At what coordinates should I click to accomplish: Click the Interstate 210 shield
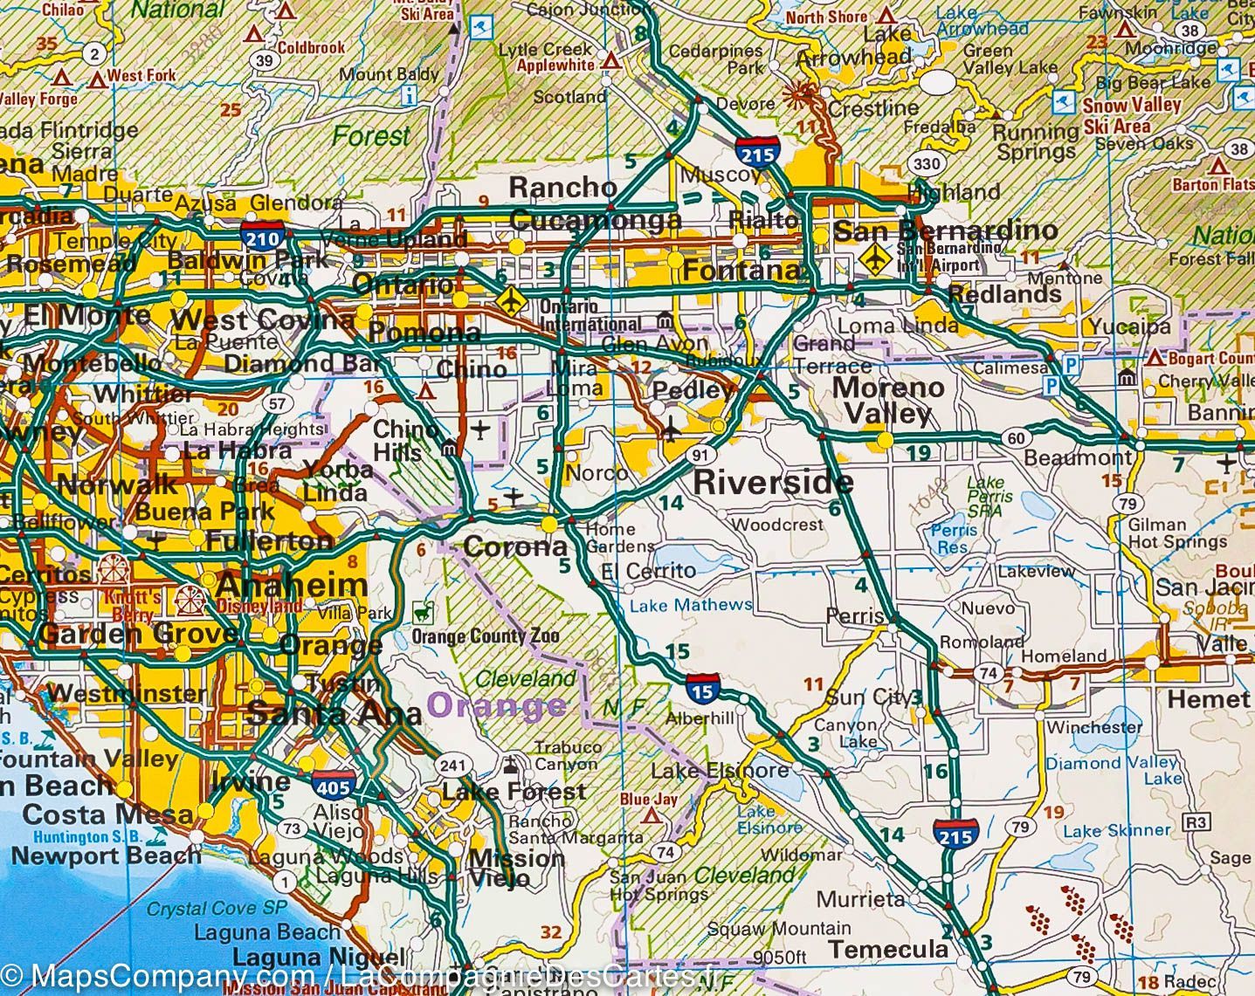coord(263,237)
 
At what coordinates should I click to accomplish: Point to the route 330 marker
coord(927,164)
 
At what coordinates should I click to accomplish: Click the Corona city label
coord(515,547)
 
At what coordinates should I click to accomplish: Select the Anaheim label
coord(292,585)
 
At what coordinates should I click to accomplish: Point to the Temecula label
coord(888,949)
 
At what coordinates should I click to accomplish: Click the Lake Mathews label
coord(690,604)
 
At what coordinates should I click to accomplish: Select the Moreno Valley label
coord(888,400)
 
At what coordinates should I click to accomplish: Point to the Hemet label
coord(1208,699)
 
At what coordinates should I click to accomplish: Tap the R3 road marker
coord(1195,821)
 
